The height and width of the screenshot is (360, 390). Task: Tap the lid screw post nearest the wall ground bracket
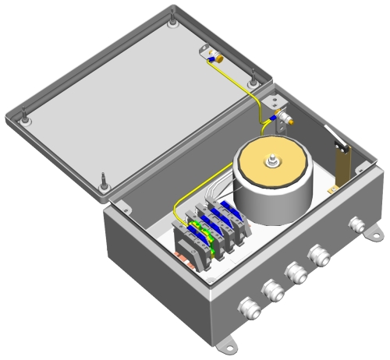coord(252,79)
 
